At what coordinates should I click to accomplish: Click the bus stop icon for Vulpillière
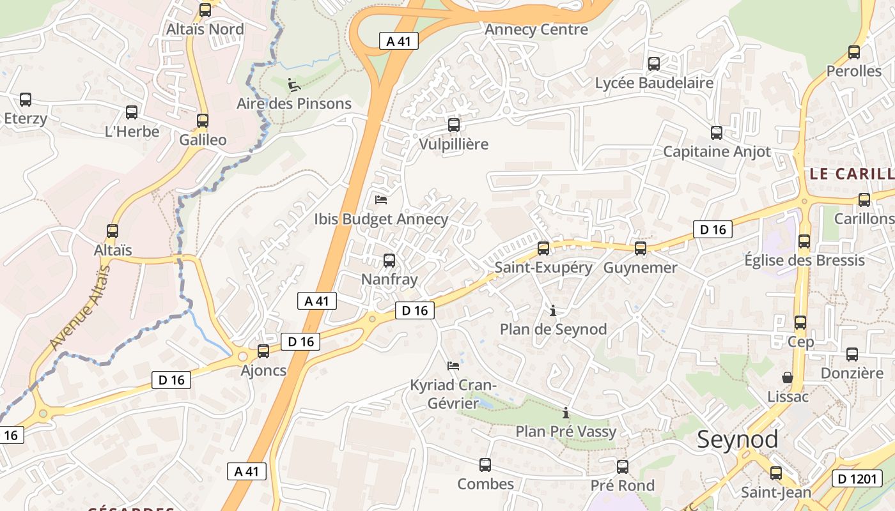454,125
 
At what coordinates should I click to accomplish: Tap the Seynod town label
737,439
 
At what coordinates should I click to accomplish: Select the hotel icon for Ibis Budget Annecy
381,200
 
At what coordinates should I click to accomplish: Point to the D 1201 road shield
857,478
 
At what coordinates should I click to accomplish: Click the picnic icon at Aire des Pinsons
293,84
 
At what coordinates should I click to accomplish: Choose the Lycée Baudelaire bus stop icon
654,64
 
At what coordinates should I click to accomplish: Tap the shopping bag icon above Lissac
788,378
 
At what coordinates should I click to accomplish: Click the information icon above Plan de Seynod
553,310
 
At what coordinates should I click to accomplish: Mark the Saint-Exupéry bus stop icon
543,248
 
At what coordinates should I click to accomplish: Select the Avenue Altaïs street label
80,307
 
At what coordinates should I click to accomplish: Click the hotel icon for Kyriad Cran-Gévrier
453,366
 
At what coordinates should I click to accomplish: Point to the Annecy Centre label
536,29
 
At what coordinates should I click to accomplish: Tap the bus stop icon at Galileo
203,121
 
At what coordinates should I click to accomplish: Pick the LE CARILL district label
852,174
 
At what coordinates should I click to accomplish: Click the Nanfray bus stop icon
389,261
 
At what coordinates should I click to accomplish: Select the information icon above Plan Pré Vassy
566,413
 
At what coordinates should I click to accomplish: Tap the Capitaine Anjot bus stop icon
717,133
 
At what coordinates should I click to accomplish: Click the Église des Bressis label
804,260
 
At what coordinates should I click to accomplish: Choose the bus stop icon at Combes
485,465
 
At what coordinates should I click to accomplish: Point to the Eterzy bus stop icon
26,100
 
